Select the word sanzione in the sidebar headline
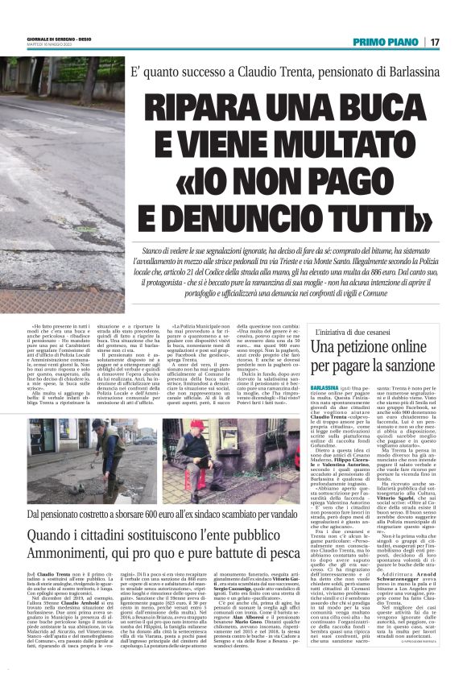point(406,365)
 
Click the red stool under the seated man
point(199,493)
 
